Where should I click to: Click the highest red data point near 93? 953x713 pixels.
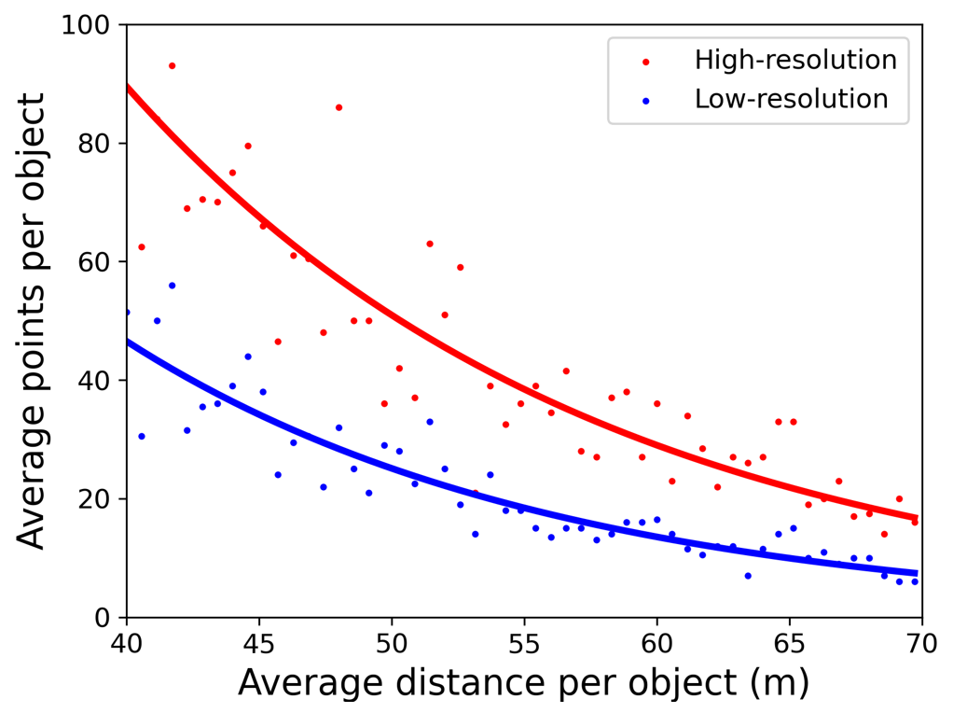[172, 66]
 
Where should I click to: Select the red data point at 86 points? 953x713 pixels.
[338, 107]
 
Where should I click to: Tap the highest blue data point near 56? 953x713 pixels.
[172, 286]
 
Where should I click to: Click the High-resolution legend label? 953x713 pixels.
[795, 61]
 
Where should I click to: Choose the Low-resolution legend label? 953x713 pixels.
[792, 99]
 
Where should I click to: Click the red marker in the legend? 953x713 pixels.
[646, 62]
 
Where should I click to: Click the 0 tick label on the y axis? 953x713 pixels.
[105, 618]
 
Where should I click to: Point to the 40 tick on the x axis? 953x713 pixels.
[126, 643]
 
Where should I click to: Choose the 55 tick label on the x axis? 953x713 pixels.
[524, 643]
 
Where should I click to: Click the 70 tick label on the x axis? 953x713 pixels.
[921, 643]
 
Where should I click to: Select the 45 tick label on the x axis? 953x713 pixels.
[258, 643]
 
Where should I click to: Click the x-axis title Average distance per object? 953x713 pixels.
[523, 684]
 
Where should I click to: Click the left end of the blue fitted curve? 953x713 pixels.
[127, 342]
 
